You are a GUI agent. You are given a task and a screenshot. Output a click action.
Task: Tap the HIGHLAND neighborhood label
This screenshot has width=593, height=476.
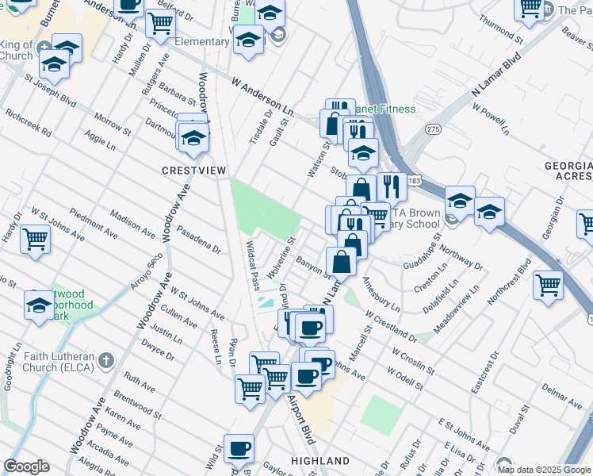(320, 461)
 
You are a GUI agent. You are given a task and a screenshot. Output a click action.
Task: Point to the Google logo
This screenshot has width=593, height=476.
(26, 466)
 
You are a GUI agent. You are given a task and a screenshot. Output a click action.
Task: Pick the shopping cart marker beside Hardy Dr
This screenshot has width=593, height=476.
(35, 236)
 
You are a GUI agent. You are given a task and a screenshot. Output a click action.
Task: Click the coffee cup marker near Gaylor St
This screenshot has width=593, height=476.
(239, 448)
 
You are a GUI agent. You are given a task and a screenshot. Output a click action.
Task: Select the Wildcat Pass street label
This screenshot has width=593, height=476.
(252, 266)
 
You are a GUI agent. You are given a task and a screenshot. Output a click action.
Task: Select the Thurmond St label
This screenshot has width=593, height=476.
(496, 29)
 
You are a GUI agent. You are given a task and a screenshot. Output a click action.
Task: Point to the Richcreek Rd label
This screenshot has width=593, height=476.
(28, 121)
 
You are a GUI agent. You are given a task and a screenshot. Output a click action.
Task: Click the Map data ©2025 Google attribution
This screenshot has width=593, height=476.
(543, 470)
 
